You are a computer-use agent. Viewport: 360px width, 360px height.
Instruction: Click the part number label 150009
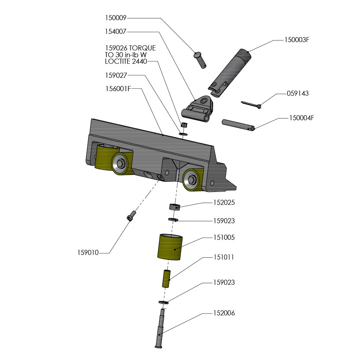(116, 17)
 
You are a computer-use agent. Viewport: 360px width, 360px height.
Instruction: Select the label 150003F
(297, 40)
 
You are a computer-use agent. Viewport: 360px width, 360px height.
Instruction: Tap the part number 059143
(297, 94)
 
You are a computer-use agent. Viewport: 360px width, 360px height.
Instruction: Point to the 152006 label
(224, 313)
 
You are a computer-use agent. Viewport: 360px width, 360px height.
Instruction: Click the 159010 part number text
(88, 253)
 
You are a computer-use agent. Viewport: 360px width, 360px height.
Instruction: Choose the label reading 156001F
(118, 89)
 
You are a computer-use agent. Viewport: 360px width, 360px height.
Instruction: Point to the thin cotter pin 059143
(251, 104)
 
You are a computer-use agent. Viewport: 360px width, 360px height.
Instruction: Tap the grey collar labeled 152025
(174, 207)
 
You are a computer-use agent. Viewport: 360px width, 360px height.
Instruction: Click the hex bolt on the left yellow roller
(121, 164)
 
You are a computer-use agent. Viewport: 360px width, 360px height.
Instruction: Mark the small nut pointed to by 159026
(184, 125)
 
